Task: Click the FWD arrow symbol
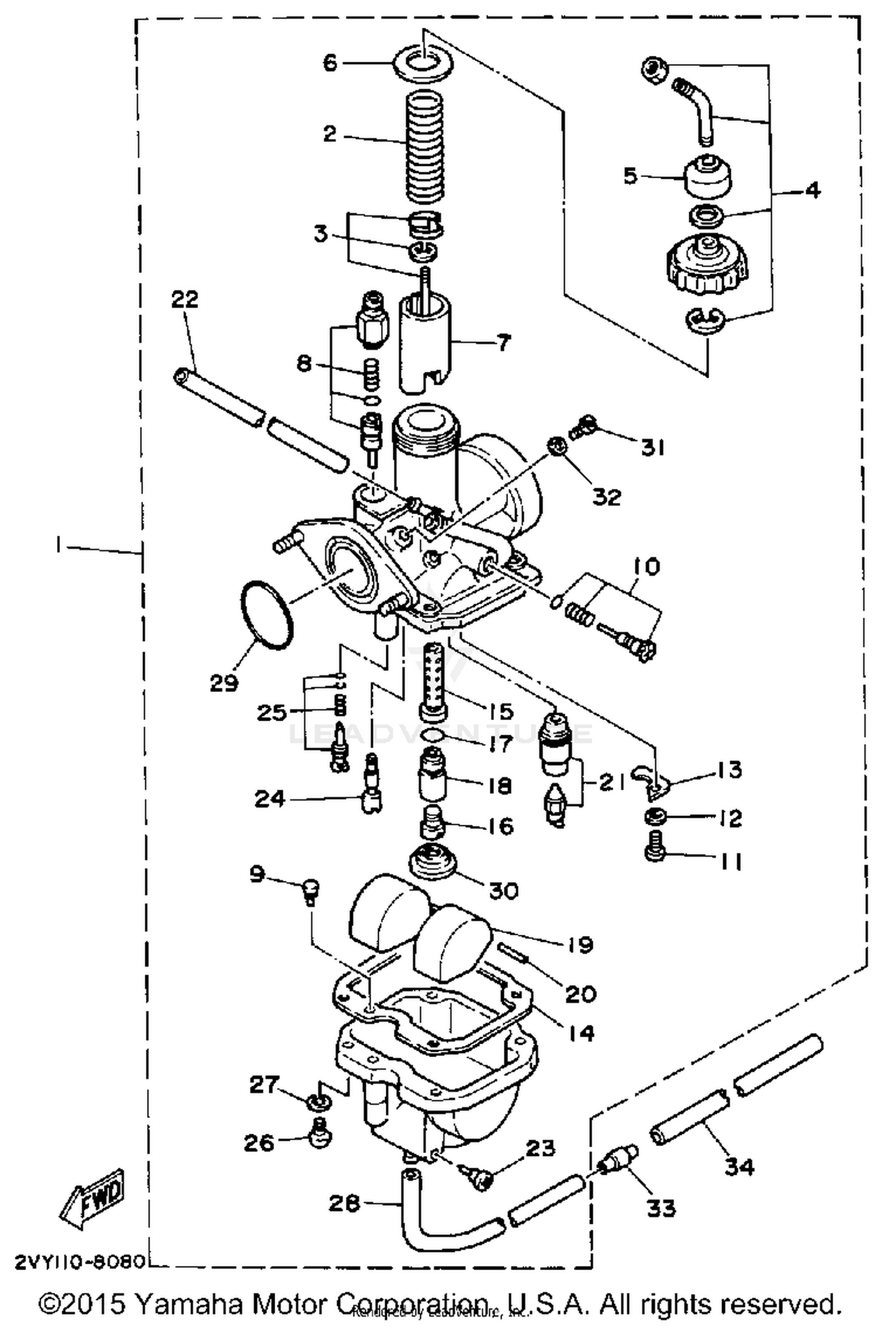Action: [x=93, y=1200]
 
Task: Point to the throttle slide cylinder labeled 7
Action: [x=423, y=344]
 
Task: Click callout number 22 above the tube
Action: [x=185, y=299]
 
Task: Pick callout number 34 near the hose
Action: [x=739, y=1165]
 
